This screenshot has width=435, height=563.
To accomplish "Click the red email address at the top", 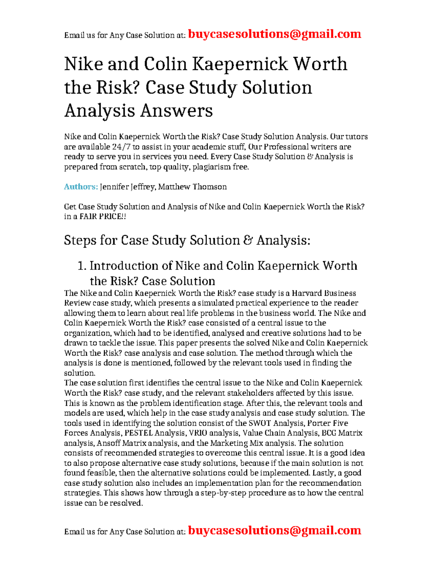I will tap(274, 34).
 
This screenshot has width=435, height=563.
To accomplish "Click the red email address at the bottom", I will tap(274, 530).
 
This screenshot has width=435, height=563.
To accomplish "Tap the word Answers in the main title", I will tap(176, 111).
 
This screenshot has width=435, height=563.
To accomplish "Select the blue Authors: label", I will tap(81, 187).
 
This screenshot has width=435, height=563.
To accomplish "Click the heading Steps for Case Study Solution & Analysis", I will tap(187, 240).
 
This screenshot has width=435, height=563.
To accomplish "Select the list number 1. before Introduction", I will tap(82, 266).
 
